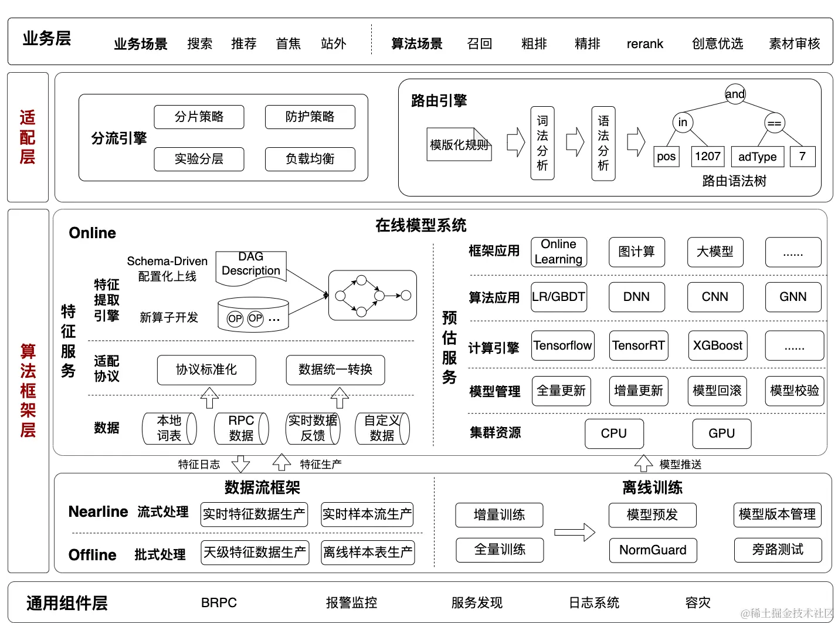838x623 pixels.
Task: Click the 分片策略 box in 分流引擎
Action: point(199,117)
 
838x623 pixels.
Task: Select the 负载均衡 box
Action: point(310,159)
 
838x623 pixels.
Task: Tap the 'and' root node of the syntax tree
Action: point(735,94)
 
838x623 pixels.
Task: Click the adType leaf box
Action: point(757,157)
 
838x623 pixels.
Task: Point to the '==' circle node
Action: point(774,123)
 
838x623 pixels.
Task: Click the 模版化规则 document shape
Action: point(459,144)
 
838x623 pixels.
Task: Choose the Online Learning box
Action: point(558,252)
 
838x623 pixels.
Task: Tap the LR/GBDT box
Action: point(558,297)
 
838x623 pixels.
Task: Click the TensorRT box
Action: point(638,346)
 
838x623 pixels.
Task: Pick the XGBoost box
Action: point(717,346)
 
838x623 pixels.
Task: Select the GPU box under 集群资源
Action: point(721,434)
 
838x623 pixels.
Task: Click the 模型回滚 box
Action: point(717,391)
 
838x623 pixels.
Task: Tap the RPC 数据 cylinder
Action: point(241,428)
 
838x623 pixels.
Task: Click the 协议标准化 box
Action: point(206,370)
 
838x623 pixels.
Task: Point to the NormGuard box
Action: point(653,550)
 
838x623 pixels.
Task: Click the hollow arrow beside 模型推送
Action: point(643,463)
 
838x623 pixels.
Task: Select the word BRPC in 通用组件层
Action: point(219,603)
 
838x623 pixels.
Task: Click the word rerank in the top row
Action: point(644,44)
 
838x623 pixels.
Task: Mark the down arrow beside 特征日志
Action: point(240,464)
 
